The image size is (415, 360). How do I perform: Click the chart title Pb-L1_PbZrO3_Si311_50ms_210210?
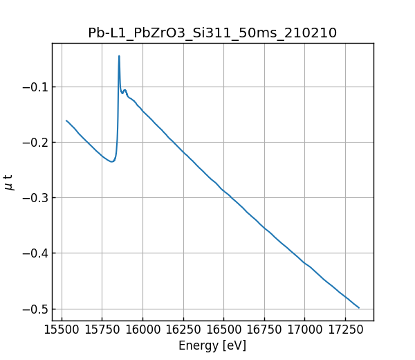pyautogui.click(x=212, y=33)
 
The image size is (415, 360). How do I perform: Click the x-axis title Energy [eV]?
pyautogui.click(x=212, y=345)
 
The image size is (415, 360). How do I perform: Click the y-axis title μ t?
pyautogui.click(x=9, y=182)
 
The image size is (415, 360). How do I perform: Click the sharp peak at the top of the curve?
pyautogui.click(x=119, y=56)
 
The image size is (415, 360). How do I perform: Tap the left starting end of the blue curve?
pyautogui.click(x=66, y=120)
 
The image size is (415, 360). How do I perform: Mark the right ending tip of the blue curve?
pyautogui.click(x=359, y=307)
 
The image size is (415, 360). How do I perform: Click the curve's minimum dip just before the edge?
pyautogui.click(x=111, y=162)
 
